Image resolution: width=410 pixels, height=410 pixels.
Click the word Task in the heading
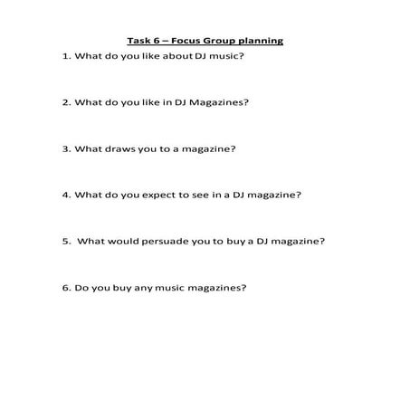pyautogui.click(x=138, y=41)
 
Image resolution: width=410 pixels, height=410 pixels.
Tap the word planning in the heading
pyautogui.click(x=260, y=41)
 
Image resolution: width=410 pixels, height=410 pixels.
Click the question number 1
pyautogui.click(x=65, y=56)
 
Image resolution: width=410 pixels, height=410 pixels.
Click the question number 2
pyautogui.click(x=65, y=102)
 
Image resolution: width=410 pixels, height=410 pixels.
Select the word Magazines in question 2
pyautogui.click(x=217, y=102)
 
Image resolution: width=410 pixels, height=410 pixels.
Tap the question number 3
pyautogui.click(x=65, y=148)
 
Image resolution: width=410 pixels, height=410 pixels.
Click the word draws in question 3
pyautogui.click(x=119, y=148)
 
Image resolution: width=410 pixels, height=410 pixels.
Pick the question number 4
pyautogui.click(x=65, y=195)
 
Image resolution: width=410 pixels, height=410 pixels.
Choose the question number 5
pyautogui.click(x=65, y=241)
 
